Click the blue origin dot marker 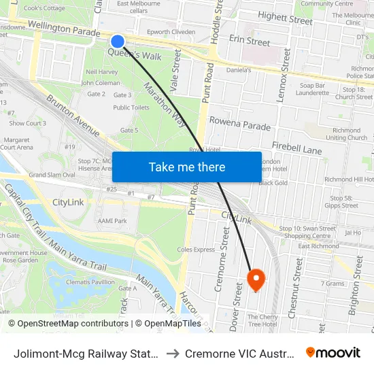118,42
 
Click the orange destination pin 256,278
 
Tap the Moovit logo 333,353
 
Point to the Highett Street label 286,20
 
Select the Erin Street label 250,41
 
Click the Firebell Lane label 296,147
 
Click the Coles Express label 196,250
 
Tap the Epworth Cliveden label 171,32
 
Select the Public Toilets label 131,107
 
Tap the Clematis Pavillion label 90,282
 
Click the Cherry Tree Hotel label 262,320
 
